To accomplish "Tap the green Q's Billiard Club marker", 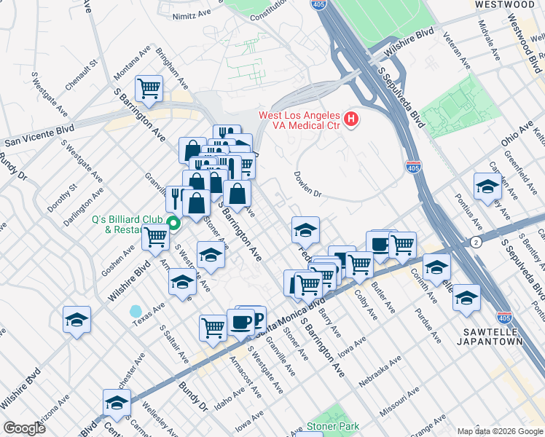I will (173, 224).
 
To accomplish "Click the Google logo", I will (25, 428).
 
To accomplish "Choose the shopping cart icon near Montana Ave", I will (149, 88).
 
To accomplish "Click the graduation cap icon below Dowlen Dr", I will (306, 230).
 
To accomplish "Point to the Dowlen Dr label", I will (307, 184).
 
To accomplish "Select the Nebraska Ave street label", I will (381, 371).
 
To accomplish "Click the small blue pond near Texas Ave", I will (136, 311).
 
